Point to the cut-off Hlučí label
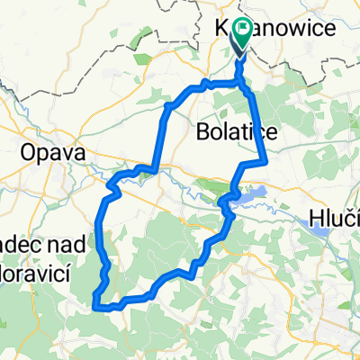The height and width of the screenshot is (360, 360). coord(337,219)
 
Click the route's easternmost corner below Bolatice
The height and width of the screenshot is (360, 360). coord(266,162)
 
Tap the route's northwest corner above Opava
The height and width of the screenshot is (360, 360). coord(168,105)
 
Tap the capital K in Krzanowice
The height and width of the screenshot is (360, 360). coord(222,29)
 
